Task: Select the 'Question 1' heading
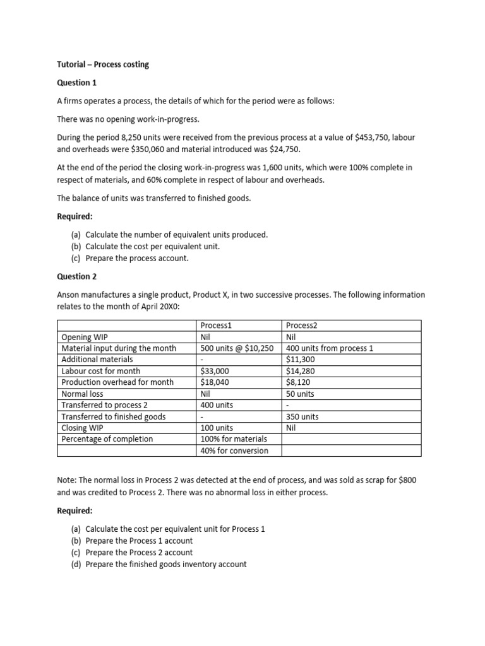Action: [x=77, y=83]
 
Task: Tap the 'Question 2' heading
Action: [x=77, y=276]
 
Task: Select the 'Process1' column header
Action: [x=217, y=325]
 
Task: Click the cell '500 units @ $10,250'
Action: [x=236, y=348]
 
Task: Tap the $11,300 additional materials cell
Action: [x=301, y=359]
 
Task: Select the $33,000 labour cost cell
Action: [x=215, y=371]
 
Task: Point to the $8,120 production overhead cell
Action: [x=298, y=382]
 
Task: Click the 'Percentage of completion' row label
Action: [x=107, y=439]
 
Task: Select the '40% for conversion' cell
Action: [x=234, y=450]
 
